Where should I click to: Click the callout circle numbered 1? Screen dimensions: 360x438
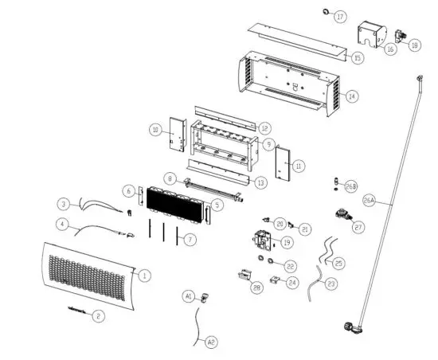coord(144,276)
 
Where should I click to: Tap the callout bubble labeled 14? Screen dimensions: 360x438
coord(352,96)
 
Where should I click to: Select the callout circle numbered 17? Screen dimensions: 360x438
coord(341,16)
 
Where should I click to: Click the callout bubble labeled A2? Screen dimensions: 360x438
coord(211,342)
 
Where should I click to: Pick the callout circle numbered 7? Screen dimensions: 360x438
coord(189,239)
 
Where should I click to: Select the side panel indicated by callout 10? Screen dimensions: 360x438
coord(177,139)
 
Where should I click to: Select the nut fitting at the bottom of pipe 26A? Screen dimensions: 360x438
coord(350,325)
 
